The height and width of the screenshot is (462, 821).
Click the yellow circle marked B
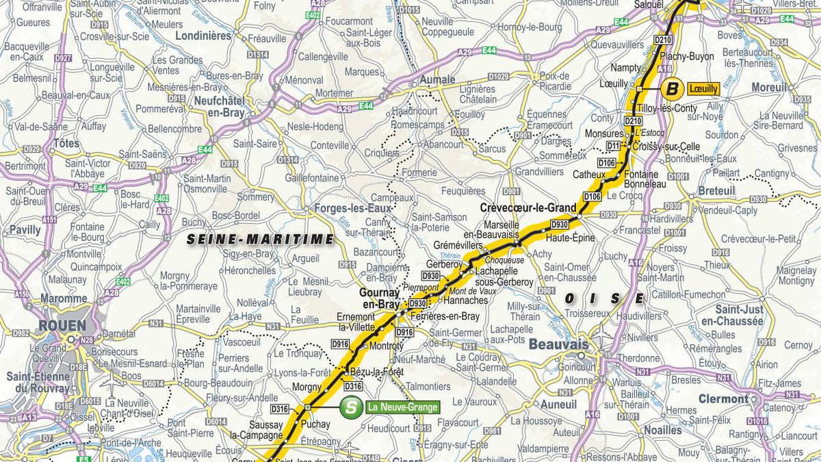pyautogui.click(x=673, y=88)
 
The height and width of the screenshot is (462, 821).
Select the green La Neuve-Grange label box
pyautogui.click(x=402, y=407)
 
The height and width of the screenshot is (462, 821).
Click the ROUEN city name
pyautogui.click(x=63, y=325)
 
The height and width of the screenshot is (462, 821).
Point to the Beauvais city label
pyautogui.click(x=559, y=344)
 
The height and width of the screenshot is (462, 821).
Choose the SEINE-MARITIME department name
pyautogui.click(x=261, y=240)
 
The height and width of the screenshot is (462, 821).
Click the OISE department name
pyautogui.click(x=604, y=298)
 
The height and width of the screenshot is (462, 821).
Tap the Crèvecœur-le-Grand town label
pyautogui.click(x=528, y=207)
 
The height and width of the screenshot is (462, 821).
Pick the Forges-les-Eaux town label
pyautogui.click(x=349, y=208)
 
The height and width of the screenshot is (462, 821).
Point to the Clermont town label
pyautogui.click(x=723, y=398)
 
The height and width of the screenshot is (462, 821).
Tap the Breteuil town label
pyautogui.click(x=716, y=191)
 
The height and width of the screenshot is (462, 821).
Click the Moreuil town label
pyautogui.click(x=769, y=87)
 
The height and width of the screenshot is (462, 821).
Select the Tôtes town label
pyautogui.click(x=66, y=144)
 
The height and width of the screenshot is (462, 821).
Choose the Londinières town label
pyautogui.click(x=203, y=36)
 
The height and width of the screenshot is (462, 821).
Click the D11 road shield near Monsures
pyautogui.click(x=613, y=146)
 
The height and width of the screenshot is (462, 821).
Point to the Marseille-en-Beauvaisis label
pyautogui.click(x=510, y=229)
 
